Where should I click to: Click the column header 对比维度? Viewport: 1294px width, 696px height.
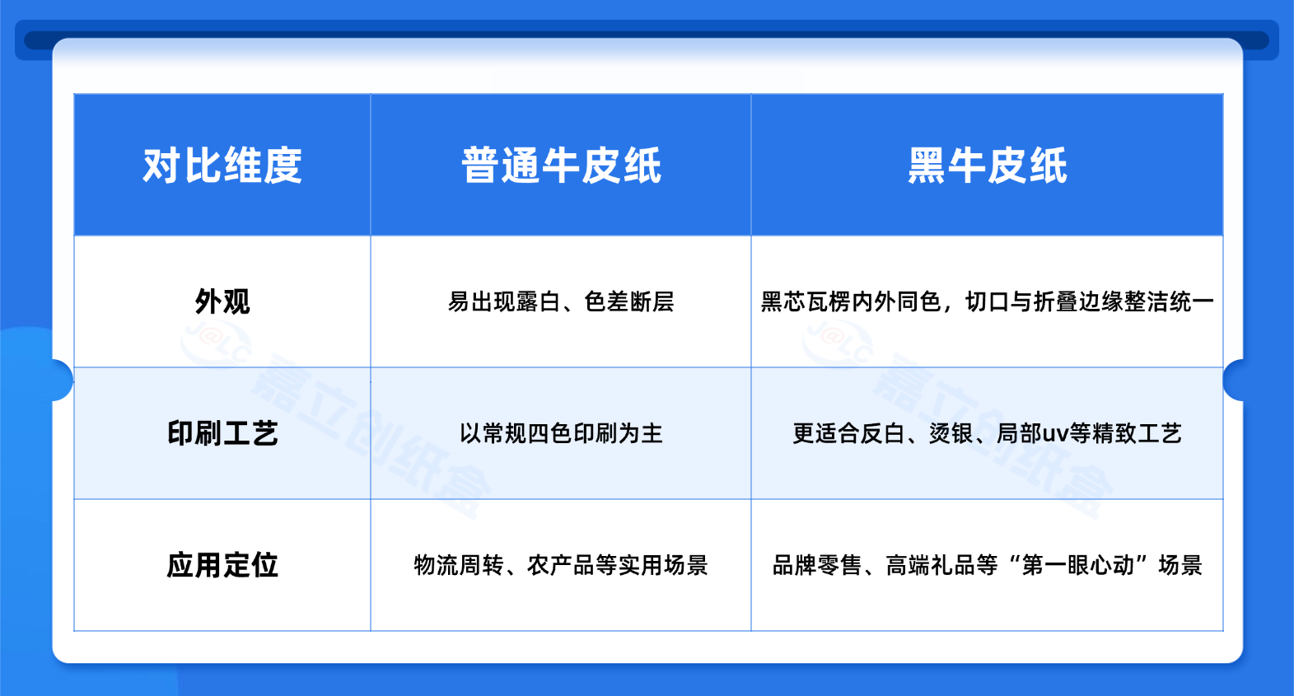222,166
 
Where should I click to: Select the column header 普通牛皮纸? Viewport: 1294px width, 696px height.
561,166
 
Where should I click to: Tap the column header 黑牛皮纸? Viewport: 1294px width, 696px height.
988,166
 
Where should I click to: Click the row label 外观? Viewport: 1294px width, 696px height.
222,301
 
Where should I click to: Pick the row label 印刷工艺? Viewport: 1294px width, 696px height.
222,433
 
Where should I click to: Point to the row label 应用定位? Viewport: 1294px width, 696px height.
222,565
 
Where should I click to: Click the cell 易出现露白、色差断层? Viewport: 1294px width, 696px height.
561,301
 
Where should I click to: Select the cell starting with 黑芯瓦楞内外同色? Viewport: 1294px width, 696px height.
988,301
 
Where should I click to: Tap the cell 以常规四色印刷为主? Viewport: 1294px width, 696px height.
561,433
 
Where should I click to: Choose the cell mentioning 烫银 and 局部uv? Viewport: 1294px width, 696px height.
988,433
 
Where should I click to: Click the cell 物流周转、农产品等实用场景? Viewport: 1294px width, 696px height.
561,565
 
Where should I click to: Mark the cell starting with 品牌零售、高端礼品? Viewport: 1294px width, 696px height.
988,565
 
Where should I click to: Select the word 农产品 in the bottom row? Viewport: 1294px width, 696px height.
561,565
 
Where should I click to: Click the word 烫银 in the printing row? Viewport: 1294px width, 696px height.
951,433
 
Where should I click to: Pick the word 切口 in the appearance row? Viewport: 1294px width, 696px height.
988,301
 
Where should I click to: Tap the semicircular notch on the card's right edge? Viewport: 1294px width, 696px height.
1233,380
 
